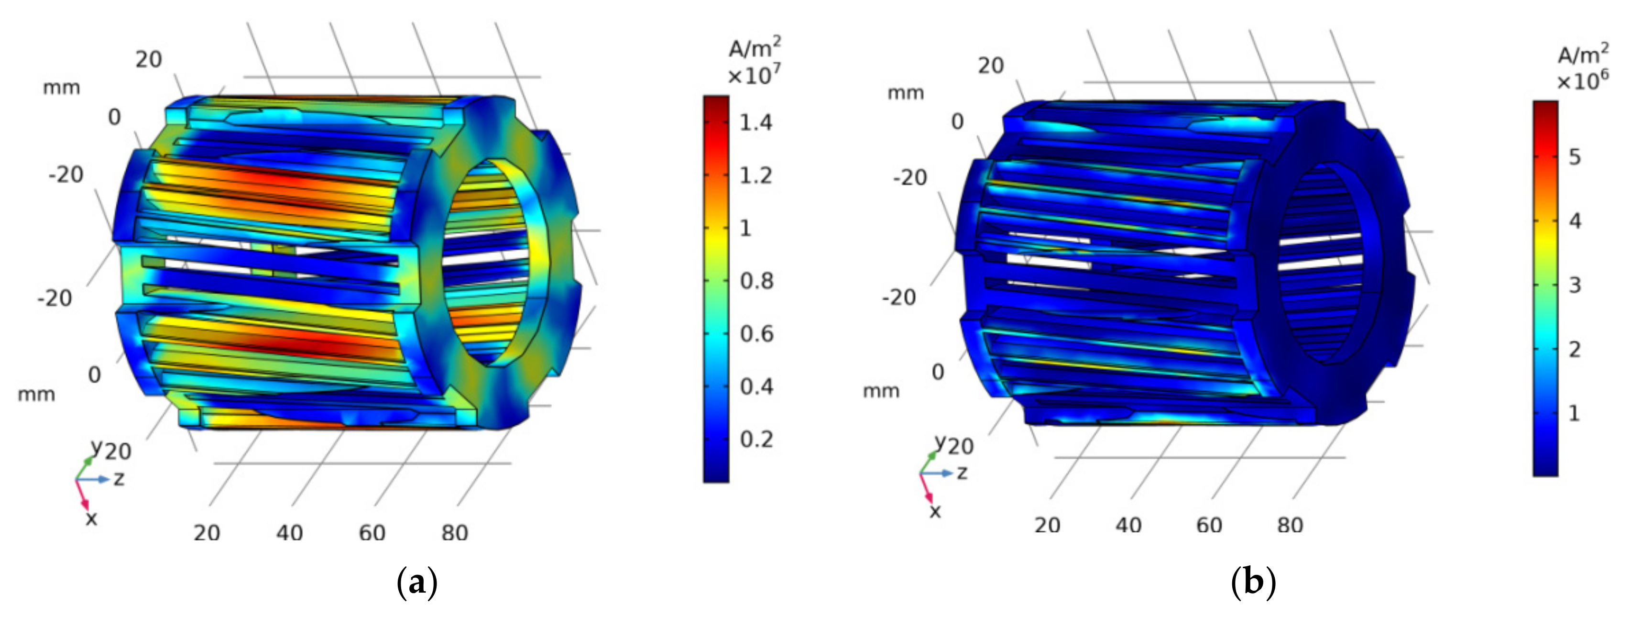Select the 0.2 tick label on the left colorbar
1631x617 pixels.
(756, 439)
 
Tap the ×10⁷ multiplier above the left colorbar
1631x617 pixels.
(754, 76)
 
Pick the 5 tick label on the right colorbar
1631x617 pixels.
(1575, 156)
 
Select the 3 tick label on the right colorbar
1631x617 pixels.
(1575, 285)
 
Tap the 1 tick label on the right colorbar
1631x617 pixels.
(1574, 413)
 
